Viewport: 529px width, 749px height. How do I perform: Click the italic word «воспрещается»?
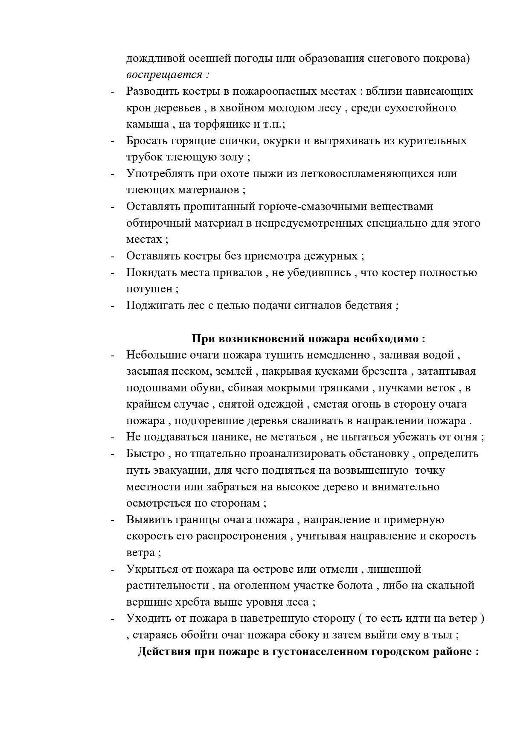click(164, 75)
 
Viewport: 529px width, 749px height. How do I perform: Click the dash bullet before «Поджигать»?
click(113, 306)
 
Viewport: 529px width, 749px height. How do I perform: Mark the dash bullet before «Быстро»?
click(113, 454)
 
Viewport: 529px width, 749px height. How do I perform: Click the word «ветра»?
click(140, 553)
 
